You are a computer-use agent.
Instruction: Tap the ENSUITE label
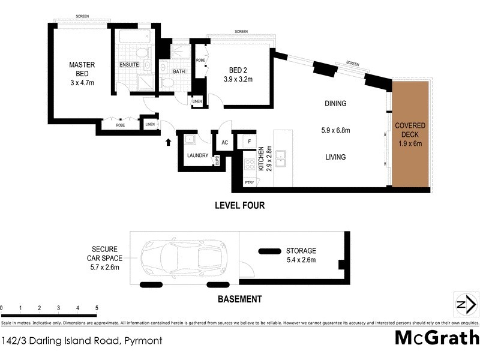coord(129,64)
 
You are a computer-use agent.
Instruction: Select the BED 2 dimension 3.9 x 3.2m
coord(238,79)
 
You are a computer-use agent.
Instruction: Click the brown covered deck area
coord(410,133)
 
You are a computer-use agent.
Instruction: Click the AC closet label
coord(224,143)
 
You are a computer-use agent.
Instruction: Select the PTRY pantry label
coord(249,182)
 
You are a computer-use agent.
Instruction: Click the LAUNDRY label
coord(197,155)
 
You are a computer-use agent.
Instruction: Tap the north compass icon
coord(466,304)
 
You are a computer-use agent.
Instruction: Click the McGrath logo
coord(436,338)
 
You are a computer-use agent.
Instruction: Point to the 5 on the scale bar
coord(97,308)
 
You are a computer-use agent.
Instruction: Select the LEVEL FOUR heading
coord(239,205)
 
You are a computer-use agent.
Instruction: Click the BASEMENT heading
coord(239,299)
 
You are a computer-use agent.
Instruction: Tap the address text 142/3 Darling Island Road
coord(81,340)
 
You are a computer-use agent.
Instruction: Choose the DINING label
coord(335,103)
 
